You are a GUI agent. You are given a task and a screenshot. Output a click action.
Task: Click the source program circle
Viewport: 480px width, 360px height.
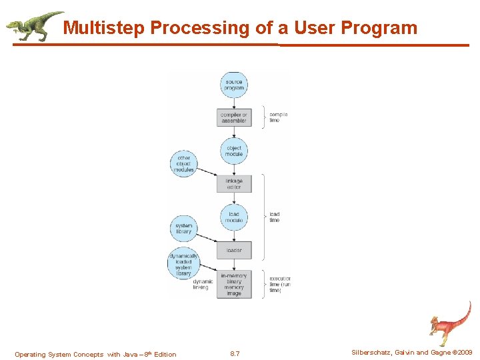234,85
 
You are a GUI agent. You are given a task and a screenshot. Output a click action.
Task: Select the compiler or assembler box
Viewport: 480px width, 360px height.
234,118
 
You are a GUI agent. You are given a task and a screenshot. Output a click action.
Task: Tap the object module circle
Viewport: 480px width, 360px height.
234,151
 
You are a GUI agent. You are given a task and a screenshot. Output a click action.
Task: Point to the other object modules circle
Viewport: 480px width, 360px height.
183,164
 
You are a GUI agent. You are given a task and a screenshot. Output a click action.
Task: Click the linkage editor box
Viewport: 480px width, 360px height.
234,183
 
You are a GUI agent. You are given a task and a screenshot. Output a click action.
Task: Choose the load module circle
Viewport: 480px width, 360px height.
234,217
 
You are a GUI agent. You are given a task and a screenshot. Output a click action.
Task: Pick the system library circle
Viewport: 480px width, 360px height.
183,229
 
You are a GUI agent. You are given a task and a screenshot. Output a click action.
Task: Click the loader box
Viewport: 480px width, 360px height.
234,251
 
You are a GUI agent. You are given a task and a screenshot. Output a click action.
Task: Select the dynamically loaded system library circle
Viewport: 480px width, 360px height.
183,264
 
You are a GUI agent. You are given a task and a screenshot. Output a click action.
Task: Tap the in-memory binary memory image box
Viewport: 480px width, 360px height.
234,285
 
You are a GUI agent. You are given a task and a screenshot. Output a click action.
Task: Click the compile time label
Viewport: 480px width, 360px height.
278,117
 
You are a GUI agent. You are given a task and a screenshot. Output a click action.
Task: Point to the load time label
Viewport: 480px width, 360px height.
275,217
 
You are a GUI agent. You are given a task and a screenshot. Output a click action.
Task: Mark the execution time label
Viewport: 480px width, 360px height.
280,285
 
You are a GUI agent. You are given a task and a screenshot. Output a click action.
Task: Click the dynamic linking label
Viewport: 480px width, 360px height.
201,285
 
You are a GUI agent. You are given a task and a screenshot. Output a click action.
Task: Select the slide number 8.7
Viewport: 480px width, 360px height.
235,354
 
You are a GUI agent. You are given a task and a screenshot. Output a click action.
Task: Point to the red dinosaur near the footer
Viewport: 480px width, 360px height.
450,323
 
